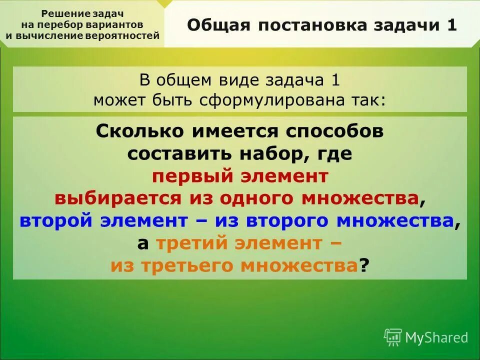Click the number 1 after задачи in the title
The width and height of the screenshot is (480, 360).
451,25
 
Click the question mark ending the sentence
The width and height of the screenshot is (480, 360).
363,265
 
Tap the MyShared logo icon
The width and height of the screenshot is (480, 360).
393,337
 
